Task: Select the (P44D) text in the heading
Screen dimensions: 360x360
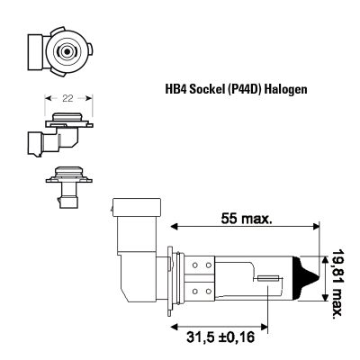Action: pos(246,90)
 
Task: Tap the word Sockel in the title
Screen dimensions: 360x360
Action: pos(207,89)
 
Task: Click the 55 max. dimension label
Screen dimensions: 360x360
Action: pos(247,218)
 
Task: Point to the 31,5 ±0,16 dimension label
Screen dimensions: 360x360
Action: pos(220,337)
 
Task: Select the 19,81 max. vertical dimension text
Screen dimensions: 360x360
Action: pos(337,283)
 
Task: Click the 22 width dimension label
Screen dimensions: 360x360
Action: pos(67,98)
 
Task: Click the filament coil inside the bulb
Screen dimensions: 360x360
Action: pos(269,279)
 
